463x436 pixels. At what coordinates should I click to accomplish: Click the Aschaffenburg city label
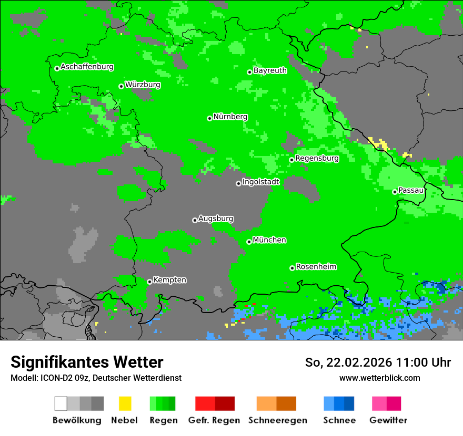(87, 67)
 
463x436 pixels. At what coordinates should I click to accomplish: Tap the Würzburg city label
(143, 85)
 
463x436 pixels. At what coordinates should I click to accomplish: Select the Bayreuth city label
(270, 70)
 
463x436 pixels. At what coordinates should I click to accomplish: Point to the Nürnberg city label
(230, 117)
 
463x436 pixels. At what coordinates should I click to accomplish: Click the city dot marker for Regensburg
(291, 160)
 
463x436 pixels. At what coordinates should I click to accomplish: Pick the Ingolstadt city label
(260, 182)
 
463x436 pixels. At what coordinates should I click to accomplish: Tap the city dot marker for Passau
(395, 192)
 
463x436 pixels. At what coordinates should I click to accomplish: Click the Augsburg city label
(216, 219)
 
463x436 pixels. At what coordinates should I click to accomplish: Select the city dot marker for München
(249, 242)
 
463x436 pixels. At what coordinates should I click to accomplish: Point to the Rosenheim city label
(316, 266)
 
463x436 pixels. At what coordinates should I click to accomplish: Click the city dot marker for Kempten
(149, 282)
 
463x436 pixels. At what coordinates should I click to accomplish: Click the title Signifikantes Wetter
(87, 362)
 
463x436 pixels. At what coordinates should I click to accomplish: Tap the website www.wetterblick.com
(379, 378)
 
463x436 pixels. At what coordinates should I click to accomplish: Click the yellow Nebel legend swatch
(125, 403)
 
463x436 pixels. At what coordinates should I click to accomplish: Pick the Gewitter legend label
(388, 420)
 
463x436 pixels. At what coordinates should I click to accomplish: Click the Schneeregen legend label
(277, 420)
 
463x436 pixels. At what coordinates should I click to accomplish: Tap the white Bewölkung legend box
(61, 403)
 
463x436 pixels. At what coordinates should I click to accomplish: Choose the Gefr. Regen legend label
(214, 420)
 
